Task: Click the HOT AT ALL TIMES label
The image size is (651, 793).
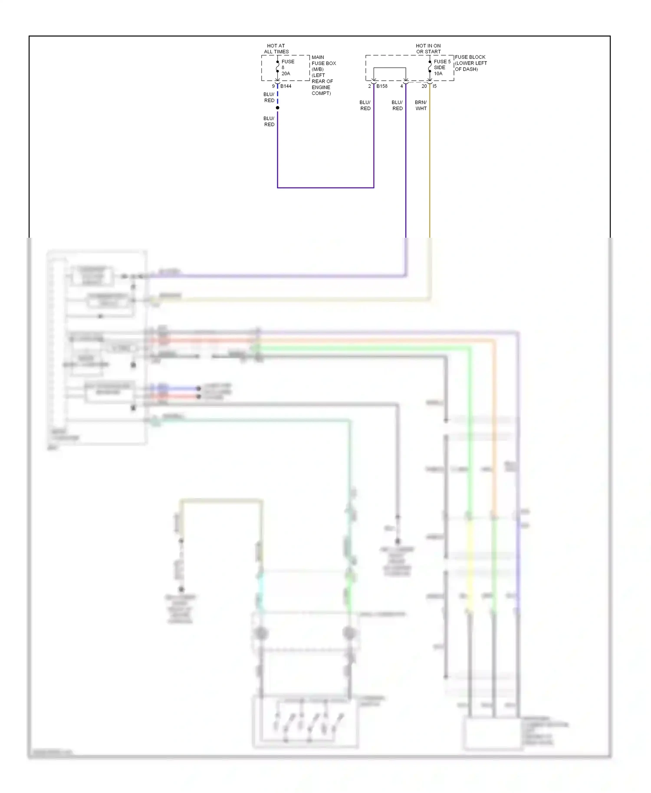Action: coord(276,49)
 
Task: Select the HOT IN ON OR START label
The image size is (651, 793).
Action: coord(428,49)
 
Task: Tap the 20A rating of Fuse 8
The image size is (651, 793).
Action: coord(286,74)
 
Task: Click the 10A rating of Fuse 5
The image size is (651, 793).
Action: coord(438,74)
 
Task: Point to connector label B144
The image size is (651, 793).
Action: coord(286,86)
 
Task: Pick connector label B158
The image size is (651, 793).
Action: coord(382,86)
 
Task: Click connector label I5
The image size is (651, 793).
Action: coord(434,86)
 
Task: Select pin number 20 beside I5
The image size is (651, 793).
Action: coord(424,86)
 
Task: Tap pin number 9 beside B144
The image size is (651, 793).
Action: coord(273,86)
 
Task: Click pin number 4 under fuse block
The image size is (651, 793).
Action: coord(401,86)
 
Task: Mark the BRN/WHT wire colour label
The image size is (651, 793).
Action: coord(421,105)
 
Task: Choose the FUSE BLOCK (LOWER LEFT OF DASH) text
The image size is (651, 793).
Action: coord(470,63)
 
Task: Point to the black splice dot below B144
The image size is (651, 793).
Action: coord(278,108)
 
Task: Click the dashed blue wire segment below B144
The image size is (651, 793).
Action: coord(278,97)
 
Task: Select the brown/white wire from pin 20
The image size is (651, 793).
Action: coord(430,174)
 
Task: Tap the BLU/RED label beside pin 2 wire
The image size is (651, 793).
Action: coord(365,105)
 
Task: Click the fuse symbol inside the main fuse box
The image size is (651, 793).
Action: coord(278,67)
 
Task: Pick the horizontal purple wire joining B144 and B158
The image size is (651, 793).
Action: coord(325,188)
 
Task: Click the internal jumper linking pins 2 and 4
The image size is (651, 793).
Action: coord(390,68)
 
